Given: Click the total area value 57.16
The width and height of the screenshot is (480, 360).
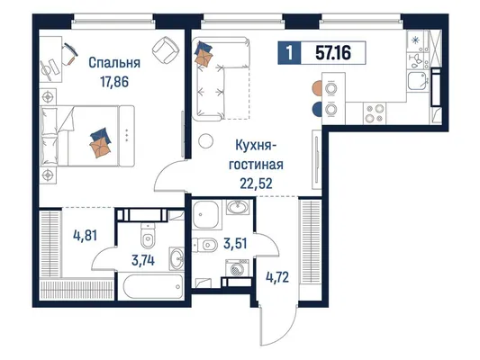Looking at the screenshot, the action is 333,53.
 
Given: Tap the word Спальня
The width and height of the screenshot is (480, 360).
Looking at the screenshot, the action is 114,63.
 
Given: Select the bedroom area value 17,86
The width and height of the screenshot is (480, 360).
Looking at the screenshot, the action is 114,82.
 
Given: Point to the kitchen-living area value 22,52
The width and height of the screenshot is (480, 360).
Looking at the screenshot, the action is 257,184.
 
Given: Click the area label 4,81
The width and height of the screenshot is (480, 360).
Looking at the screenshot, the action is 85,236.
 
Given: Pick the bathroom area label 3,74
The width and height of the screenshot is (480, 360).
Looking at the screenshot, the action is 143,261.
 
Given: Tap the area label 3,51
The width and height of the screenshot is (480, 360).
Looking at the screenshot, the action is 235,244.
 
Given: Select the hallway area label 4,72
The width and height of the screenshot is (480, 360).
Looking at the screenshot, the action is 277,277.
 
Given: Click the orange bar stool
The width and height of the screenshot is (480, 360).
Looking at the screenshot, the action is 316,88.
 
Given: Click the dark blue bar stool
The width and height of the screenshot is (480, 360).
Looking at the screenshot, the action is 316,109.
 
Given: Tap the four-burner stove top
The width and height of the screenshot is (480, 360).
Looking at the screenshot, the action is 375,113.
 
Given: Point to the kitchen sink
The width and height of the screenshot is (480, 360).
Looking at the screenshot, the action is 418,81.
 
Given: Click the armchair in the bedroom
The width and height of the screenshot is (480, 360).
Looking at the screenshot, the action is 166,49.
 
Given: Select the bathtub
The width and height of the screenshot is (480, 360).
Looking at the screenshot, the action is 153,287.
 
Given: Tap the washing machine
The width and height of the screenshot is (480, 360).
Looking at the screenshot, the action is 237,268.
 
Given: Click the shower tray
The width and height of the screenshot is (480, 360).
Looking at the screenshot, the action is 206,214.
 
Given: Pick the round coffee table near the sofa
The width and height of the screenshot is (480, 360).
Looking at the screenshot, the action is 205,141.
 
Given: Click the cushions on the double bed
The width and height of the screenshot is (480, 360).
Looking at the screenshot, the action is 100,142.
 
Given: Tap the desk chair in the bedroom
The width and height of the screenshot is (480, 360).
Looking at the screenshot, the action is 69,53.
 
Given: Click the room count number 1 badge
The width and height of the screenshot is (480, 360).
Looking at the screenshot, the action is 289,53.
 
